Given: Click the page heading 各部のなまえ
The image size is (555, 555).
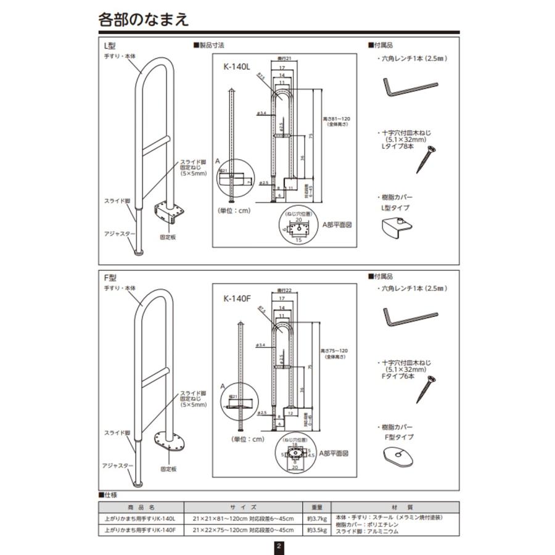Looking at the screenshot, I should click(x=144, y=19).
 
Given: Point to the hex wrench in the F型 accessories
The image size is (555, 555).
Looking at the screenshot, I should click(x=409, y=317).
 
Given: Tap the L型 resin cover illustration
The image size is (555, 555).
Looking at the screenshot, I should click(x=398, y=229).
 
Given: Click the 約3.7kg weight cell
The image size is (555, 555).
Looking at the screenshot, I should click(x=315, y=518).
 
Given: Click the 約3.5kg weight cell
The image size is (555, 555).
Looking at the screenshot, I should click(x=315, y=530).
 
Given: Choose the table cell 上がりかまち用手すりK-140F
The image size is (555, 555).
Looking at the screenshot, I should click(x=140, y=530).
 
